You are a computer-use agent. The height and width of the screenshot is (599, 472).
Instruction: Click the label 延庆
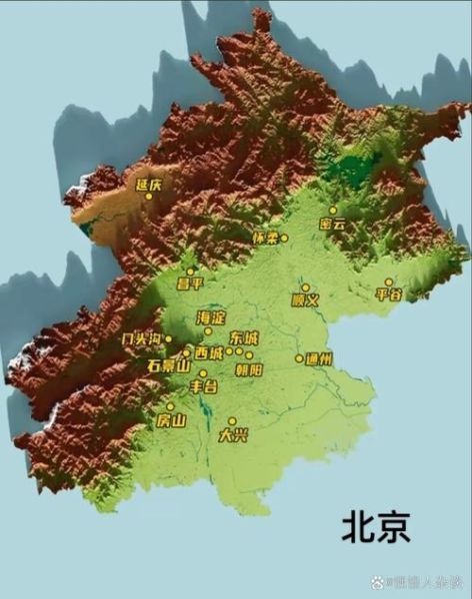point(149,184)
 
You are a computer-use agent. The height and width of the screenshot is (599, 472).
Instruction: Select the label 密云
point(332,225)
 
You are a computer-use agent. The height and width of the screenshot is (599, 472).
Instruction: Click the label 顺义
point(305,299)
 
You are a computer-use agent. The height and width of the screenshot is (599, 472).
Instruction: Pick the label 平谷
point(388,295)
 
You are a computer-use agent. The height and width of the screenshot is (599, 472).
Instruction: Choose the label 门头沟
point(141,339)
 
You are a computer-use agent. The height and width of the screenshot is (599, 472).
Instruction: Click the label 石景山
point(167,365)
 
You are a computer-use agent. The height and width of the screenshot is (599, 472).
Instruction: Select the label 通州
point(320,358)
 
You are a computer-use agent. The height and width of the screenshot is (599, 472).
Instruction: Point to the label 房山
point(171,420)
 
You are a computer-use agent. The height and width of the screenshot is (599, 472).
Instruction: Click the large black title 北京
point(376,526)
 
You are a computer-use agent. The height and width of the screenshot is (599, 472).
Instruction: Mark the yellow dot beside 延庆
point(149,196)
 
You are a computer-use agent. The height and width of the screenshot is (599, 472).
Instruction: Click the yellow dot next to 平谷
point(389,283)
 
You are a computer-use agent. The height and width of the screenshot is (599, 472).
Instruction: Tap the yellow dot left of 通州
point(299,358)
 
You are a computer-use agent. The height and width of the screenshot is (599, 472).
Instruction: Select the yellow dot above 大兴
point(232,421)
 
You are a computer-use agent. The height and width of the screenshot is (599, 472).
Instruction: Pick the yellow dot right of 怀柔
point(284,238)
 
